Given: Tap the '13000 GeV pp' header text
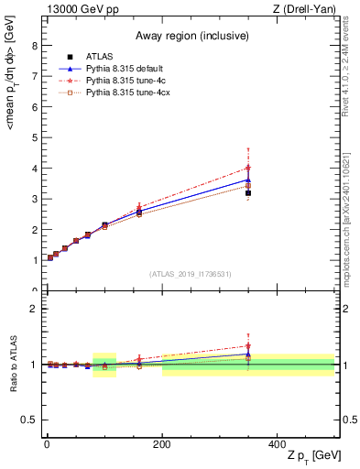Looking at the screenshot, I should click(77, 8).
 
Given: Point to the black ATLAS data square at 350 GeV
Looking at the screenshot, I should click(248, 192).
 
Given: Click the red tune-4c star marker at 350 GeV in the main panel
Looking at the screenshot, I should click(248, 168).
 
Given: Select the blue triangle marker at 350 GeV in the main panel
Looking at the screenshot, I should click(248, 180).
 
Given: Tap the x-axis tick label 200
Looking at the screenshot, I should click(161, 443).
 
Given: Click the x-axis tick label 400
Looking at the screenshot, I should click(277, 443).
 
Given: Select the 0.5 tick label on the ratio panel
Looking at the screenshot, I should click(29, 420).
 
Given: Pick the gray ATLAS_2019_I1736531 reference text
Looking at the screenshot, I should click(191, 273).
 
